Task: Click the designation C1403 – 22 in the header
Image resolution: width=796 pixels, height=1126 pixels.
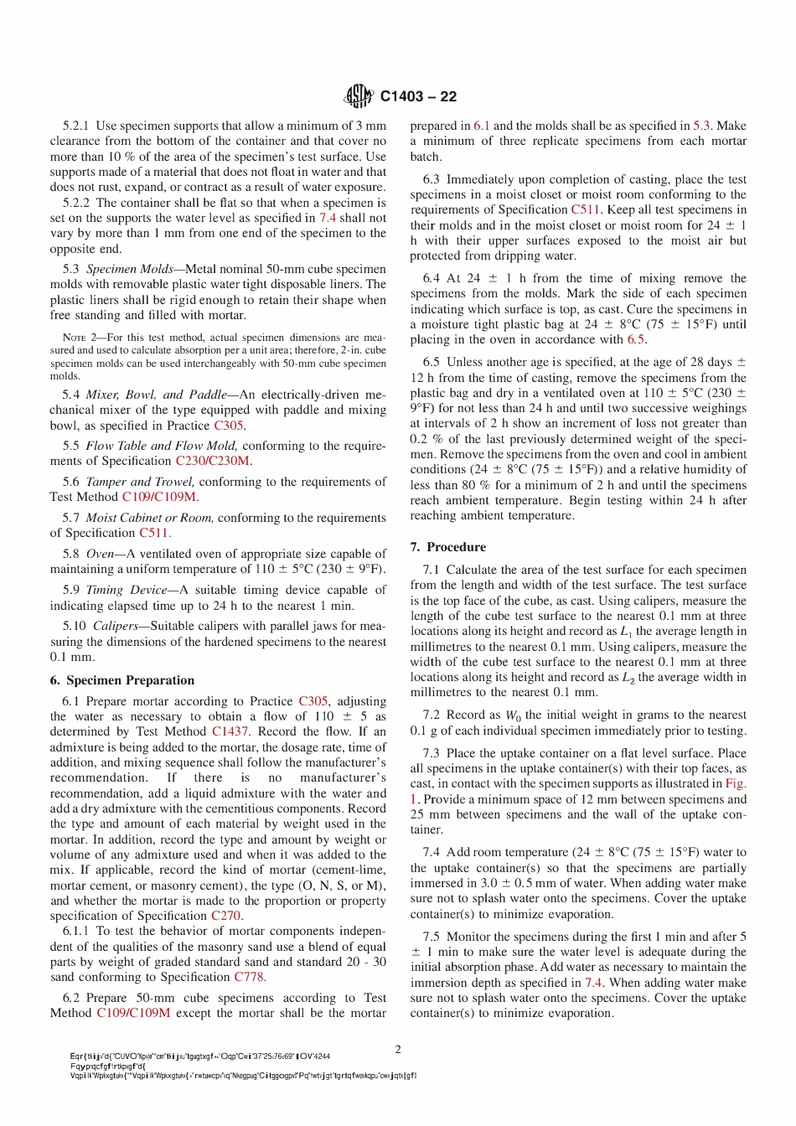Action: [418, 96]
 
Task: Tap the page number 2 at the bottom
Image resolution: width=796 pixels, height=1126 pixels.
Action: [398, 1049]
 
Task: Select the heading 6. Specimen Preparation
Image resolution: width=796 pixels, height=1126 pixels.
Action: [121, 680]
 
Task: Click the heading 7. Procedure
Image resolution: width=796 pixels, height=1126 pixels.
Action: [447, 547]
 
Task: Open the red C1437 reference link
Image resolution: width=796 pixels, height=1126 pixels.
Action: [230, 731]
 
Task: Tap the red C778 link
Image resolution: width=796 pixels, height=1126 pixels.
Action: [249, 977]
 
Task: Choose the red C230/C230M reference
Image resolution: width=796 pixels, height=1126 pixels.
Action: [212, 461]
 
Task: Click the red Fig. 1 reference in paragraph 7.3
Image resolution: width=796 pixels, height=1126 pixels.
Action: [735, 783]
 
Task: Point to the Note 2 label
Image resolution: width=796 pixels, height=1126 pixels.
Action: [82, 338]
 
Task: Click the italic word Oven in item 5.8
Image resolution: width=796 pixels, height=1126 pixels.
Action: [100, 554]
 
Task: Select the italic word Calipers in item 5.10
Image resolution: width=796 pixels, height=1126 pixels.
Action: [115, 626]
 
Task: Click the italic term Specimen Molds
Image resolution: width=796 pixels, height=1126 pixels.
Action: [129, 269]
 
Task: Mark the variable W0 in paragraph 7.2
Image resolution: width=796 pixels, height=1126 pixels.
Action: [513, 715]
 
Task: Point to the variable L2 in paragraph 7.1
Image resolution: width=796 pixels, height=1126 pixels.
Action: [628, 678]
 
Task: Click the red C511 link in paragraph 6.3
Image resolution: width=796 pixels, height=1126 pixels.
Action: [585, 209]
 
